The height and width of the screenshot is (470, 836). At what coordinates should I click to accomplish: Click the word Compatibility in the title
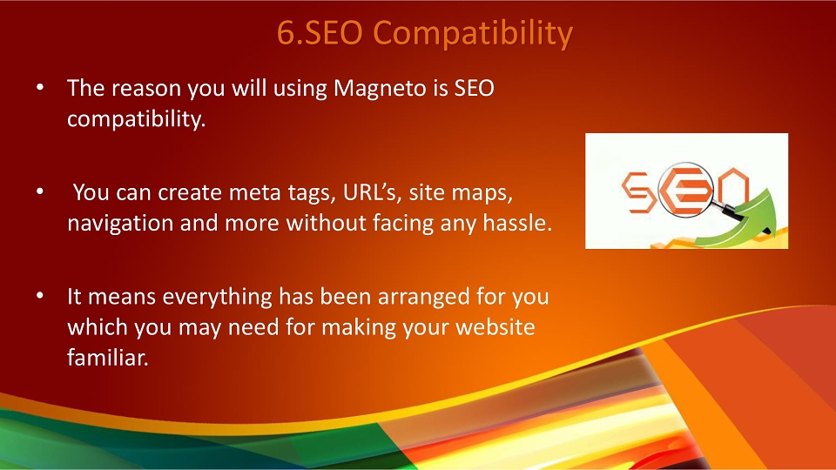click(472, 34)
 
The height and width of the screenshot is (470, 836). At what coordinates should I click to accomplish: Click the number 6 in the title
click(286, 32)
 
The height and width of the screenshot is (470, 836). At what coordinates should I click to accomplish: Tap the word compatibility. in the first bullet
click(137, 119)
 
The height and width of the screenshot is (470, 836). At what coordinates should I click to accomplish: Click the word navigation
click(120, 223)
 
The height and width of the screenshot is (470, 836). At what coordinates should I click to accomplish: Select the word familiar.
click(108, 357)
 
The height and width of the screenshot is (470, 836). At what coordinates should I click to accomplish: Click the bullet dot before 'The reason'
click(40, 87)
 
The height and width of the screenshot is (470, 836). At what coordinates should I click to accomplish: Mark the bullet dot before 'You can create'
click(40, 191)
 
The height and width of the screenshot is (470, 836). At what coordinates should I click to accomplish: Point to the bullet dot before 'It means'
click(40, 295)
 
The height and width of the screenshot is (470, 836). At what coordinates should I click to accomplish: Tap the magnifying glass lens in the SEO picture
click(685, 189)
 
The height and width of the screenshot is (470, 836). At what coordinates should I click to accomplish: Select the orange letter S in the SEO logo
click(636, 191)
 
